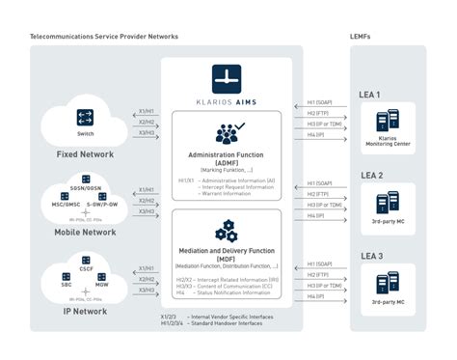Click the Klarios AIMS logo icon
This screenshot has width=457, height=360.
click(x=228, y=77)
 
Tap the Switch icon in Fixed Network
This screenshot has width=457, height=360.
click(x=84, y=119)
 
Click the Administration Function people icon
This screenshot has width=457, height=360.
click(x=228, y=132)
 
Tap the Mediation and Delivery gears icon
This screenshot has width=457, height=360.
click(x=227, y=231)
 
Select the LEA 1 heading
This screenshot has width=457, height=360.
click(x=371, y=95)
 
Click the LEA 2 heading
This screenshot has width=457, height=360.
click(x=371, y=176)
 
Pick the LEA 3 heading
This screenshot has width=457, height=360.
click(x=371, y=256)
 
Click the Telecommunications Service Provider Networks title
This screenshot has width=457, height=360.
click(x=104, y=36)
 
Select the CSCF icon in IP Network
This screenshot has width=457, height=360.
click(x=85, y=261)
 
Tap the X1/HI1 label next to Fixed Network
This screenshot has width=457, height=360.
click(x=147, y=110)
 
